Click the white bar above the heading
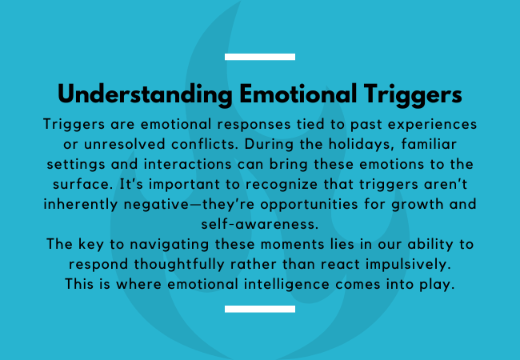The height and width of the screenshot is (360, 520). [x=260, y=57]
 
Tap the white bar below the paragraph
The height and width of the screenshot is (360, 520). [x=260, y=309]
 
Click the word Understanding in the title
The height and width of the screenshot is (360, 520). [x=145, y=95]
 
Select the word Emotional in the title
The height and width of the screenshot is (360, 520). [x=298, y=94]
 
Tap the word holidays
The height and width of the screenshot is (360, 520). [x=361, y=145]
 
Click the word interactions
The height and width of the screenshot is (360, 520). [x=187, y=165]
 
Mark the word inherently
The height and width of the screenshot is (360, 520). [x=81, y=205]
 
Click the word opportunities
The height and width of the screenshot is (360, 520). [x=309, y=205]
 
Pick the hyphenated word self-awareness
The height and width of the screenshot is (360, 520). [x=260, y=225]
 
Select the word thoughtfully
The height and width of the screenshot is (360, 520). [x=179, y=265]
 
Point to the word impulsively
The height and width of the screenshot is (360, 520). [x=408, y=265]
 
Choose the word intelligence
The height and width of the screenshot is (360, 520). [x=286, y=285]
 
